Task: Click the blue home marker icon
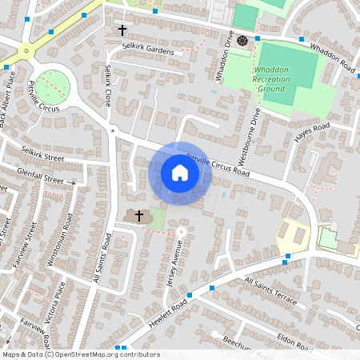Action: click(x=180, y=173)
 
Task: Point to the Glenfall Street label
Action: click(x=44, y=178)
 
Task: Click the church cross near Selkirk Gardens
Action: click(x=122, y=30)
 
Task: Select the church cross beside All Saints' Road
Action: click(x=139, y=215)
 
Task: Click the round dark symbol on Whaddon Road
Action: click(x=242, y=39)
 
